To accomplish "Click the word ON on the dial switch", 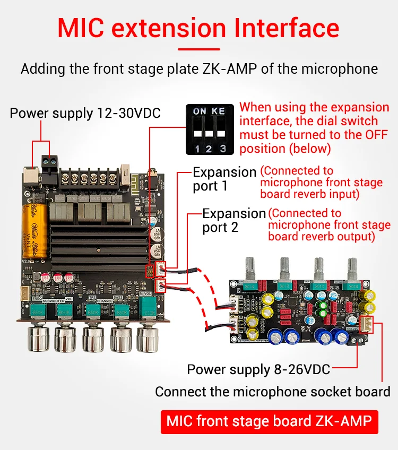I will [200, 111].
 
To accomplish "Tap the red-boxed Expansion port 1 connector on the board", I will [159, 269].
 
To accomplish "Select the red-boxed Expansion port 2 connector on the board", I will [159, 285].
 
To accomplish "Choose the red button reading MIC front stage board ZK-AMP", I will [270, 421].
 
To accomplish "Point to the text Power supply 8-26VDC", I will [258, 369].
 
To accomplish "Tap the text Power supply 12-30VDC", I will [85, 113].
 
